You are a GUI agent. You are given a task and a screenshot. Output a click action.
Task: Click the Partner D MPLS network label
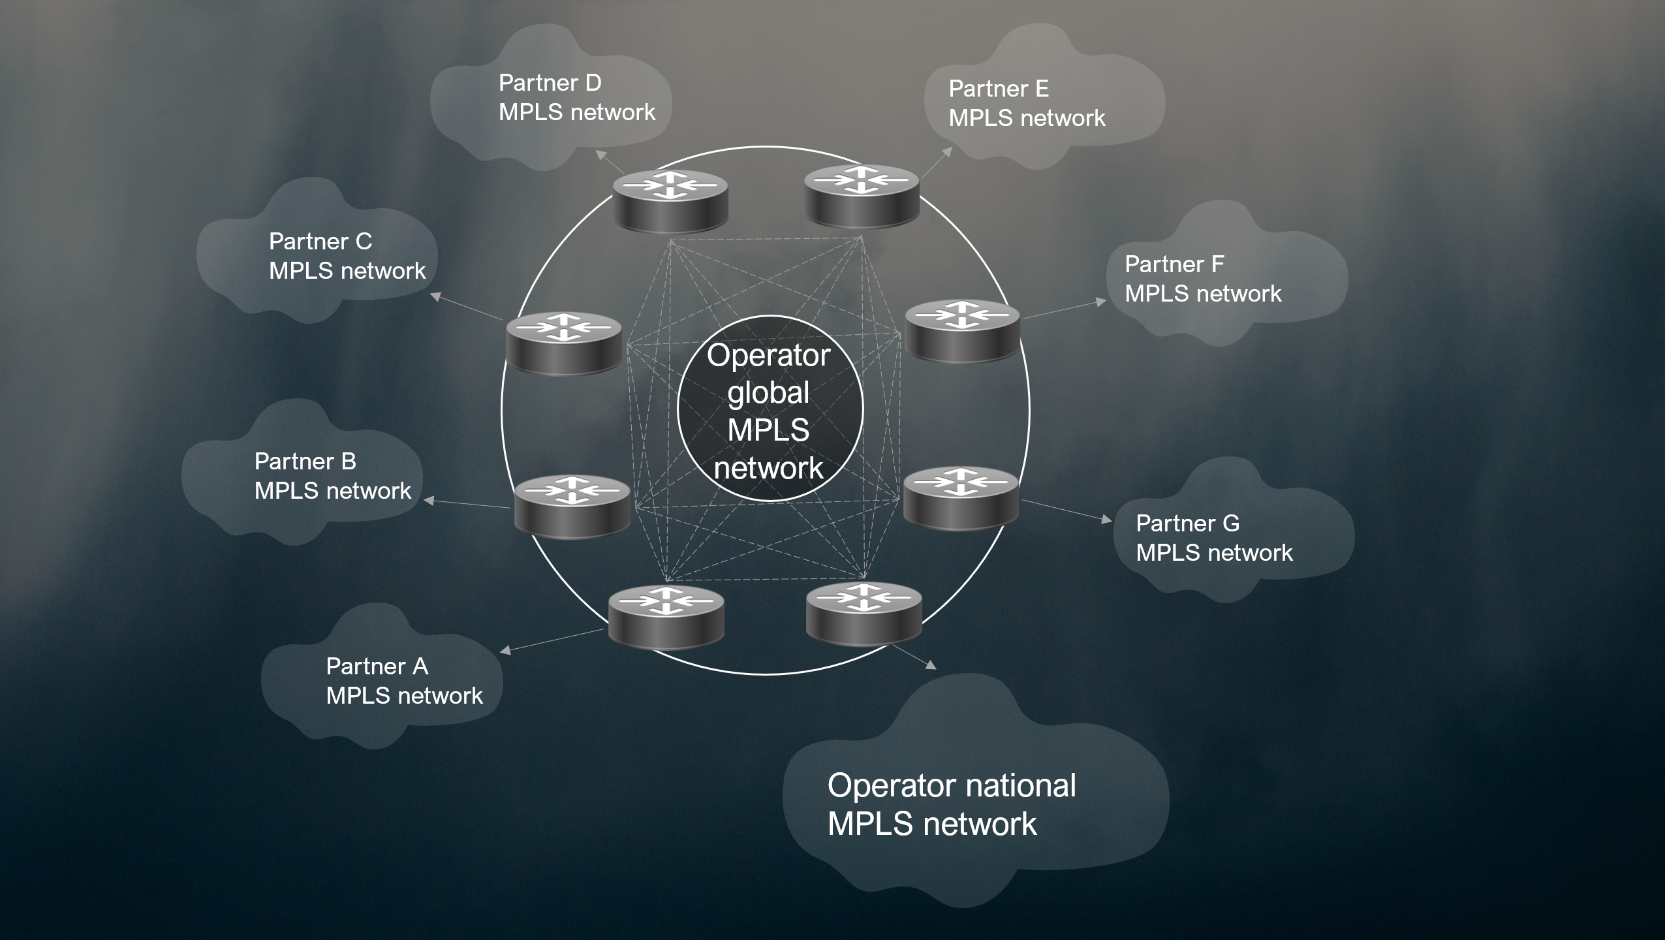pyautogui.click(x=576, y=98)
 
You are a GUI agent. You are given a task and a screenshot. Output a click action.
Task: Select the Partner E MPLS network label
pyautogui.click(x=1027, y=103)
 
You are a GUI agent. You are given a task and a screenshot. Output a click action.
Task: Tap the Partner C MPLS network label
pyautogui.click(x=347, y=256)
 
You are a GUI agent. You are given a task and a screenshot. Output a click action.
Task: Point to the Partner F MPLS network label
pyautogui.click(x=1202, y=279)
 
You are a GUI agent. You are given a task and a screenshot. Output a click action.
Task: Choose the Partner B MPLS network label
pyautogui.click(x=332, y=476)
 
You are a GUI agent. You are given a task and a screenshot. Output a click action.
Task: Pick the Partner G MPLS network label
pyautogui.click(x=1213, y=538)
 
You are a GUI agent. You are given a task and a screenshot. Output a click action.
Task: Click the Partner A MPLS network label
pyautogui.click(x=404, y=681)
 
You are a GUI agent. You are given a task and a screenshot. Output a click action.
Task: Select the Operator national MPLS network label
pyautogui.click(x=951, y=804)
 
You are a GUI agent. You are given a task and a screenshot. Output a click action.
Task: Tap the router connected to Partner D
pyautogui.click(x=670, y=200)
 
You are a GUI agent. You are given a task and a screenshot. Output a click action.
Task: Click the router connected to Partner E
pyautogui.click(x=862, y=196)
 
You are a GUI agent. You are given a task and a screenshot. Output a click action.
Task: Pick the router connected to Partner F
pyautogui.click(x=962, y=330)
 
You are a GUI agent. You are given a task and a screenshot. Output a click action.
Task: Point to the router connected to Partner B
pyautogui.click(x=572, y=507)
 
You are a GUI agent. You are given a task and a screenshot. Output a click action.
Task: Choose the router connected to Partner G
pyautogui.click(x=961, y=497)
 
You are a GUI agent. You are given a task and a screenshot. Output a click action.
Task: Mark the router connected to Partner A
pyautogui.click(x=666, y=617)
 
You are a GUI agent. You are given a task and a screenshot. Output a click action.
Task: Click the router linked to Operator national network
pyautogui.click(x=864, y=614)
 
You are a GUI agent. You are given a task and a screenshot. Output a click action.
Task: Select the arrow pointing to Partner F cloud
pyautogui.click(x=1063, y=310)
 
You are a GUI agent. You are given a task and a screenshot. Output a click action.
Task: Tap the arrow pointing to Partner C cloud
pyautogui.click(x=467, y=307)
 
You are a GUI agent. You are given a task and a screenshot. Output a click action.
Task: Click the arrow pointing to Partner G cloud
pyautogui.click(x=1066, y=510)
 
